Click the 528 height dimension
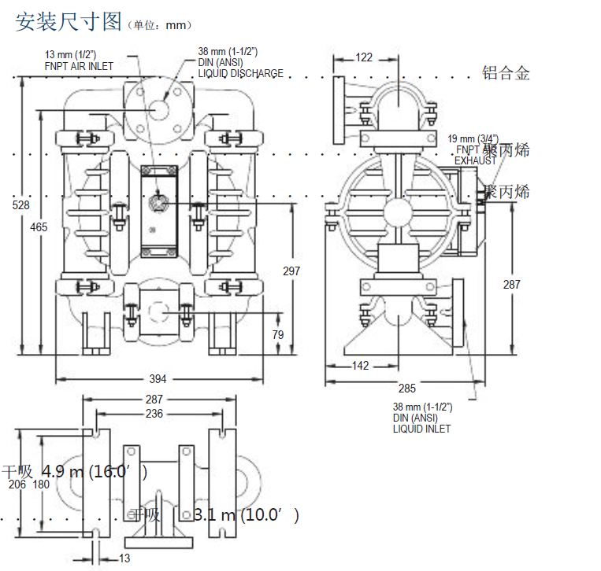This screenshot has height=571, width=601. (x=21, y=205)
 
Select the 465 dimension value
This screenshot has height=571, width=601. (x=39, y=227)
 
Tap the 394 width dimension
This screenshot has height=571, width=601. (x=158, y=378)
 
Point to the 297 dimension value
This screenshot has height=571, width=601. (x=291, y=271)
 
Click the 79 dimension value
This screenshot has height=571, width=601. (x=278, y=335)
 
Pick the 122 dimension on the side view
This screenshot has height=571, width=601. (x=363, y=57)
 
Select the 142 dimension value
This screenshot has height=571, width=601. (x=359, y=366)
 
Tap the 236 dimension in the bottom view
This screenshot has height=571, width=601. (x=154, y=414)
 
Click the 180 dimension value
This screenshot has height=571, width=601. (x=40, y=484)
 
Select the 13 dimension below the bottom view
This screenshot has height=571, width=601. (x=124, y=558)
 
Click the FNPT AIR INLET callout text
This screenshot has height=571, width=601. (x=78, y=66)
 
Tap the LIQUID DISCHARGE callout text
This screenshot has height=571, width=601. (x=240, y=74)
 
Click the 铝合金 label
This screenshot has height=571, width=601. (x=506, y=74)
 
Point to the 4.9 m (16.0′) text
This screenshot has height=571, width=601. (x=94, y=472)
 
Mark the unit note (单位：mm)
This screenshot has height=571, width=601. (x=159, y=25)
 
